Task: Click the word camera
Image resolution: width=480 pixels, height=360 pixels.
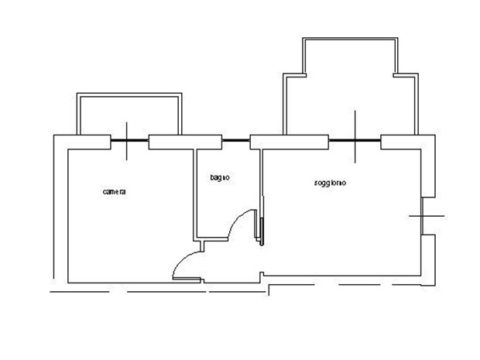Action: point(114,192)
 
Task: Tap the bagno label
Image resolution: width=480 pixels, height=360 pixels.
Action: point(220,177)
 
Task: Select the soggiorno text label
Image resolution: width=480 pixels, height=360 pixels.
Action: point(330,183)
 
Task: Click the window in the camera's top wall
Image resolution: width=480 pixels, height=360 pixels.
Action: point(129,140)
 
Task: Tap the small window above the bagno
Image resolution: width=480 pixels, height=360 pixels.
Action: point(235,140)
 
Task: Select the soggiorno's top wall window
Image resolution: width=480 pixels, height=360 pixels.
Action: point(355,140)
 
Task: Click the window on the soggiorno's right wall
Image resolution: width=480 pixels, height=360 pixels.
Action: point(422,216)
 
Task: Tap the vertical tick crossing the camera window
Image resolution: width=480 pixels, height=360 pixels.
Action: point(127,141)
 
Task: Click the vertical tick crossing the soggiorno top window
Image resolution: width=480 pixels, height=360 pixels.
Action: point(355,136)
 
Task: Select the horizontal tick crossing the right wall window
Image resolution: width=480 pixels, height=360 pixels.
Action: point(427,216)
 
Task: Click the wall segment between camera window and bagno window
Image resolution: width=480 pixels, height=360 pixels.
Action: point(185,142)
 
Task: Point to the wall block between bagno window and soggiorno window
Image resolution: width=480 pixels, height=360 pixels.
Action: point(290,142)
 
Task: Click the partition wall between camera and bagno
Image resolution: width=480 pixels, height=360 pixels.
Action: point(194,194)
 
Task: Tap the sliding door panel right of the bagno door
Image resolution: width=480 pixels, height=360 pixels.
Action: point(262,231)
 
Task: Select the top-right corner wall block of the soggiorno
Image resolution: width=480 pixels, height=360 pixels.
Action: point(408,142)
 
